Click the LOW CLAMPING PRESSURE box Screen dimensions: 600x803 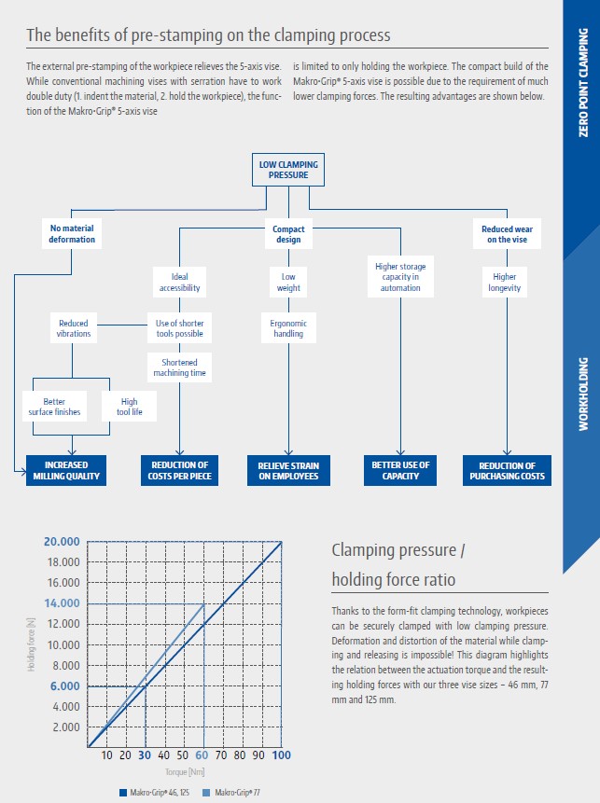pos(288,170)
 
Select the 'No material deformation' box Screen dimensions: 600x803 pos(72,233)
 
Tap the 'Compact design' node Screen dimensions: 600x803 pos(288,234)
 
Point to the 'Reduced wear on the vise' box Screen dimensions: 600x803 pos(507,234)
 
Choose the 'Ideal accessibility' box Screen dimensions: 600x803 pos(179,283)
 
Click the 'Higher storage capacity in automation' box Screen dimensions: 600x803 pos(400,277)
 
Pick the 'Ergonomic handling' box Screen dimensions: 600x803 pos(288,328)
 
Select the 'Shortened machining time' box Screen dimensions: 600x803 pos(179,367)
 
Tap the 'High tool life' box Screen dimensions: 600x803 pos(129,407)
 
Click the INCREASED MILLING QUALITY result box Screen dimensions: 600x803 pos(66,471)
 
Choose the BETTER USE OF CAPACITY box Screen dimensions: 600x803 pos(400,471)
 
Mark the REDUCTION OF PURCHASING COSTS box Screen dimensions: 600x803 pos(507,471)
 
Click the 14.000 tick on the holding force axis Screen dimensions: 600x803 pos(62,603)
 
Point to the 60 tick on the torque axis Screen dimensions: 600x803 pos(202,755)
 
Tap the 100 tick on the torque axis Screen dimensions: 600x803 pos(281,755)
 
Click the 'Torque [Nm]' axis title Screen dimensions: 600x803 pos(185,772)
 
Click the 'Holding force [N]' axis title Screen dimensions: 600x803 pos(31,644)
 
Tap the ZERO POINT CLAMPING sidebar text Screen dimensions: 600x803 pos(583,82)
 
